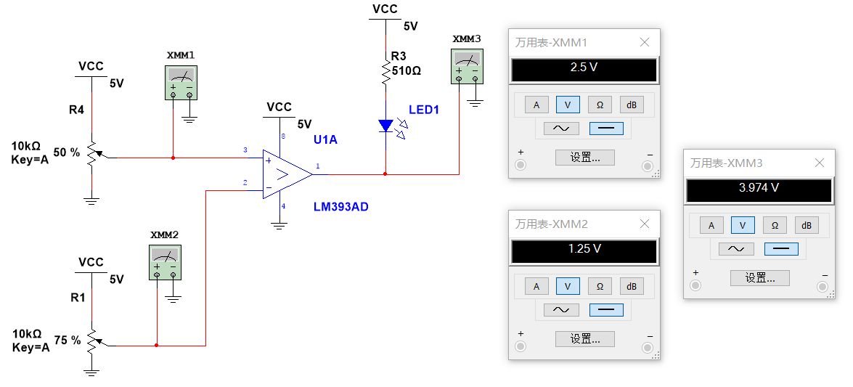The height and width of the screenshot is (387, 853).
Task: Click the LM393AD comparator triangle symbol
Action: point(285,174)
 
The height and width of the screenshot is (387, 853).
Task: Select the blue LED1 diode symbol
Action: point(385,126)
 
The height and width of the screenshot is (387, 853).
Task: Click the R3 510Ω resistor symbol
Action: point(385,72)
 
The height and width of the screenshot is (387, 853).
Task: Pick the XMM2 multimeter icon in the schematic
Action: point(165,262)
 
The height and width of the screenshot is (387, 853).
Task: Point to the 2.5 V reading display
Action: point(584,70)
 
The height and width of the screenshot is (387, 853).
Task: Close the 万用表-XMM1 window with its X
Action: point(644,42)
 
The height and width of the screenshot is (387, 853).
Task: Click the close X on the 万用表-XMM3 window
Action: point(819,163)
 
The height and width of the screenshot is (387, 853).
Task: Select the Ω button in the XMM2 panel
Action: point(600,286)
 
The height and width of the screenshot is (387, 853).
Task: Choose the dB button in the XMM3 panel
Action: point(806,225)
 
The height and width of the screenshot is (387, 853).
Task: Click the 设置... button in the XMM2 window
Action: point(584,338)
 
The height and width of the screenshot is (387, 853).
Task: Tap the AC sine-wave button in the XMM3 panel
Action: point(736,248)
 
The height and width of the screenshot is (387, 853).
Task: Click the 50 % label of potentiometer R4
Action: point(67,152)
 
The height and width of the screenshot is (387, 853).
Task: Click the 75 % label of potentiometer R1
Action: point(67,340)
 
